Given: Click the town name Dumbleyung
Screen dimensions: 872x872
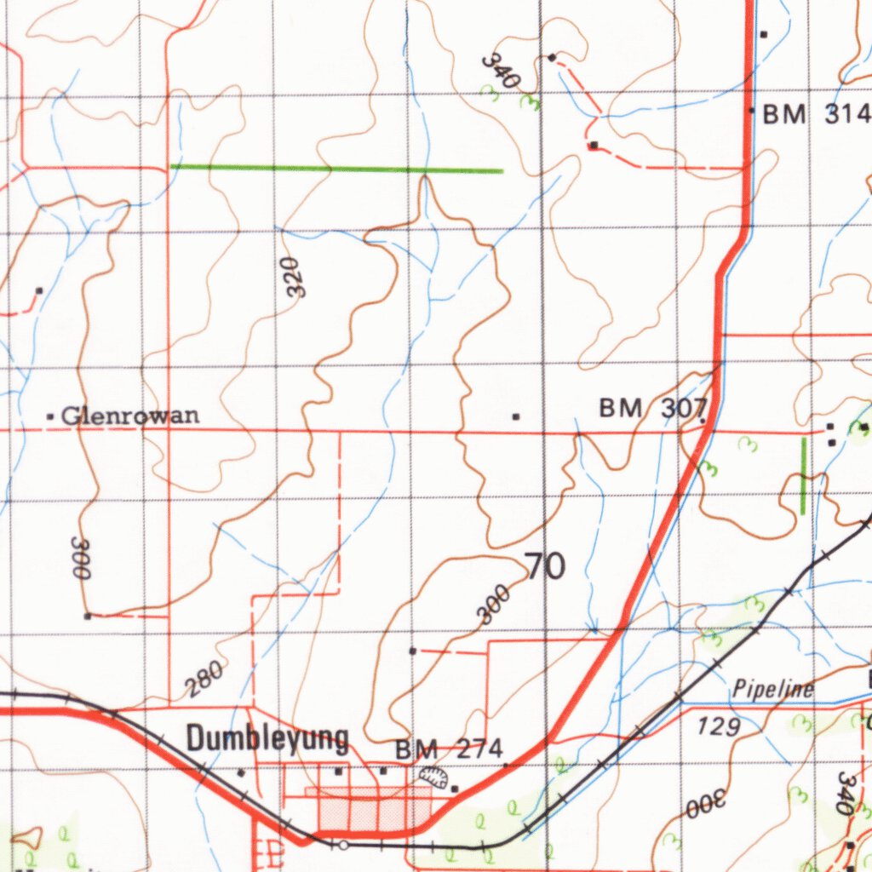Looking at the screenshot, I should [267, 738].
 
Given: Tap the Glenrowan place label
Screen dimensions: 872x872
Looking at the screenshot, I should [131, 416].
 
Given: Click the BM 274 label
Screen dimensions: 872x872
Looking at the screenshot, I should [450, 750].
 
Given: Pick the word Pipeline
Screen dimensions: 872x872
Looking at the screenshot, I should [773, 689].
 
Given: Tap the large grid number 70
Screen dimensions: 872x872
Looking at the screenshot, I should [545, 566].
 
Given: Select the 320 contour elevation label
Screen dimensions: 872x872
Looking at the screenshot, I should [294, 277].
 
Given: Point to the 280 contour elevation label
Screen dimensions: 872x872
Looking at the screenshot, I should [206, 679].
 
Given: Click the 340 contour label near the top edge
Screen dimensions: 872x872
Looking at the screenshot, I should [501, 72].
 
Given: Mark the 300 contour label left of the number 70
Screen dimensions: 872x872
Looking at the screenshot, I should [494, 604].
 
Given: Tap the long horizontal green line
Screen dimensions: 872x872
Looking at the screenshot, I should [336, 169].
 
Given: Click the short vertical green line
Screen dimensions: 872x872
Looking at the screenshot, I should [803, 475].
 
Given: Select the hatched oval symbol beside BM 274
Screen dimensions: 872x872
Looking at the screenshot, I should [434, 776].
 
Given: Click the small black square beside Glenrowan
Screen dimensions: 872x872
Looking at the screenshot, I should [50, 417].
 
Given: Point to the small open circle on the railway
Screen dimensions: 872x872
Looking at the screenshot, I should [342, 845].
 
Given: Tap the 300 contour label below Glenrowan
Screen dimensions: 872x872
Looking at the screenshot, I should [81, 558].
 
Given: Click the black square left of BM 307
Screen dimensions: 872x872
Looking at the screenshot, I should [515, 416].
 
